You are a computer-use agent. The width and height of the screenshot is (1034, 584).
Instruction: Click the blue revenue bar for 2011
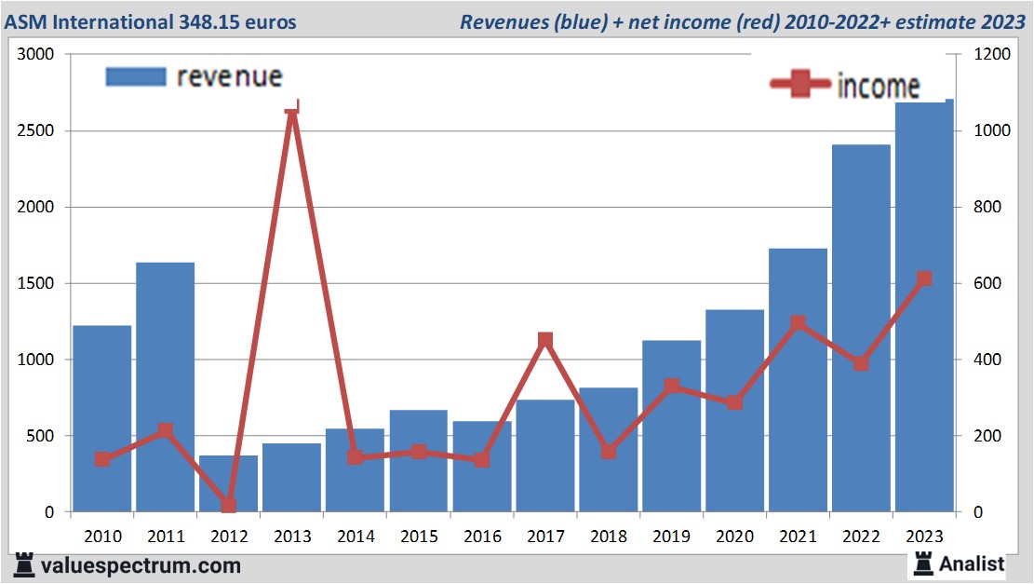pos(166,387)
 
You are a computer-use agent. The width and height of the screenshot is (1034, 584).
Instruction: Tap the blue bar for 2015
pos(418,460)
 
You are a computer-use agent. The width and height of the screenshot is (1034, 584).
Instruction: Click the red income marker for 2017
pos(545,341)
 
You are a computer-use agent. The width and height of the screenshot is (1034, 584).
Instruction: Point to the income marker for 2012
pos(229,505)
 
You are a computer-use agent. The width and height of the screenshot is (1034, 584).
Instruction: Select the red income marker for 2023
pos(924,279)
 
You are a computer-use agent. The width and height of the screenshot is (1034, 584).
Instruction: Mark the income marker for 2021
pos(798,323)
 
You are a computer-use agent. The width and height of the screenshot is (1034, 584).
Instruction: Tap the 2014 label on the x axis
pos(356,536)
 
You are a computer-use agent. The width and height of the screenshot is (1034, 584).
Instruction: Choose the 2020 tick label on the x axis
pos(734,536)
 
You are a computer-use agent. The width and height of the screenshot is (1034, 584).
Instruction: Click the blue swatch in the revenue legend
pos(136,77)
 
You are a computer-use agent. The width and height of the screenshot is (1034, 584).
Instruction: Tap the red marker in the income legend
pos(799,84)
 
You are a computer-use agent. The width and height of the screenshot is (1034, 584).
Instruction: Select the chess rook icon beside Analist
pos(922,564)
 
